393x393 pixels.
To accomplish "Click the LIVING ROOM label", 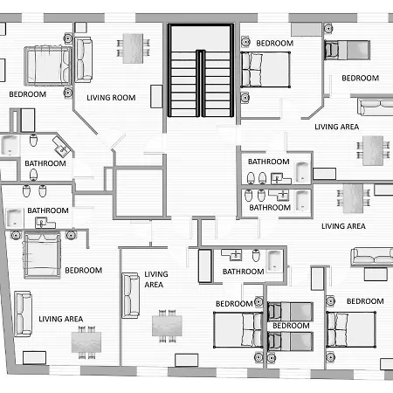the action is point(111,98).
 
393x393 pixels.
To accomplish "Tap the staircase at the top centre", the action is point(201,71).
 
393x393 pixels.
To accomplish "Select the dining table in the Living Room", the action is point(133,49).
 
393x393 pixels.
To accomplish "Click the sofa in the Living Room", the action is point(84,59).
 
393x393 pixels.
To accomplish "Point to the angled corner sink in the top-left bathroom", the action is point(62,147).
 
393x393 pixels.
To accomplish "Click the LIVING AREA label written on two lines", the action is point(155,279).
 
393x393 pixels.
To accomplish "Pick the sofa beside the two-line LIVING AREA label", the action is point(130,295).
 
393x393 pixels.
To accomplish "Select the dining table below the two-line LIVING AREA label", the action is point(167,326).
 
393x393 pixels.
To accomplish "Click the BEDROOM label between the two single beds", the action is point(291,326).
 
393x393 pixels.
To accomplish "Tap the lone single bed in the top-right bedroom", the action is point(348,50).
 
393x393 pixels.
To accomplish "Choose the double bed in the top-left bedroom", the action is point(48,65).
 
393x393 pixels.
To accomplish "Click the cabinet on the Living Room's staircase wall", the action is point(156,96).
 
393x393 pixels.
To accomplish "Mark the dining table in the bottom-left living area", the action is point(86,342).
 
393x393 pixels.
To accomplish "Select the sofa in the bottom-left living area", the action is point(23,314).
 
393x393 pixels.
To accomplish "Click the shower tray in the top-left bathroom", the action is point(10,145).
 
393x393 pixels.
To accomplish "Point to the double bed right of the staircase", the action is point(265,70).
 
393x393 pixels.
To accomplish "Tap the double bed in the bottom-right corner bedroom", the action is point(351,329).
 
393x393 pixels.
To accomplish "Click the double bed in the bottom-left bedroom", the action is point(42,255).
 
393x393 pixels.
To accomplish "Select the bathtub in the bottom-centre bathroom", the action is point(274,260).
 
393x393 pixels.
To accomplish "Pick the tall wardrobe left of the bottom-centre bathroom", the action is point(205,265).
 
